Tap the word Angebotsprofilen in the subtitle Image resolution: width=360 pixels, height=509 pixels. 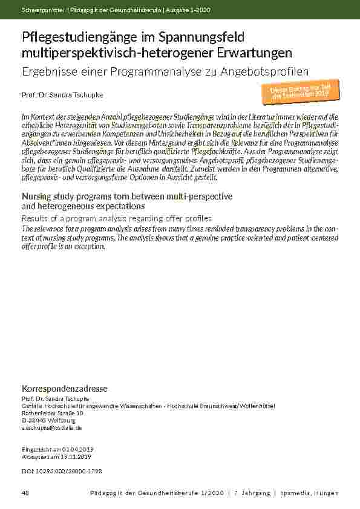(x=264, y=71)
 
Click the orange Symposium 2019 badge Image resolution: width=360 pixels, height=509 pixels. (x=300, y=91)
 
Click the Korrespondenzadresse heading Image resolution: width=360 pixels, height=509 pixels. (x=64, y=388)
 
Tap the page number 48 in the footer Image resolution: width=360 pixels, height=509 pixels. (x=25, y=493)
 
